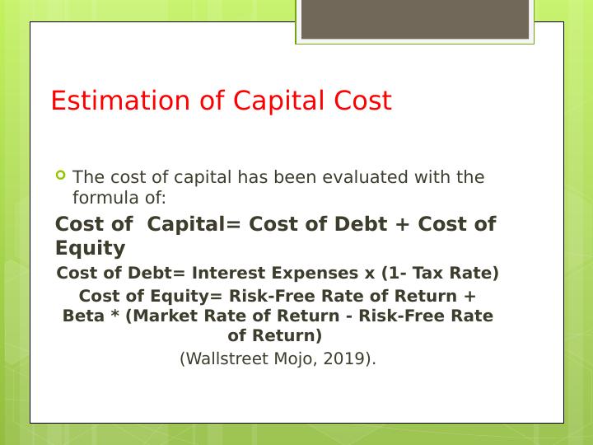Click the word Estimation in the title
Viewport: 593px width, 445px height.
click(120, 101)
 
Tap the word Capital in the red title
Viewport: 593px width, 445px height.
click(279, 101)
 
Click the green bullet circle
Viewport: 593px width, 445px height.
click(60, 175)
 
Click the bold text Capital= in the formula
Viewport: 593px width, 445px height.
click(194, 224)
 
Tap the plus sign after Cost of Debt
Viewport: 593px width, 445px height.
click(403, 224)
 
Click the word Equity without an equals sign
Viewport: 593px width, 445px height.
click(90, 249)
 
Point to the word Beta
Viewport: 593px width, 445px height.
click(83, 316)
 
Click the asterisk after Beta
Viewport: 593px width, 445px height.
click(115, 314)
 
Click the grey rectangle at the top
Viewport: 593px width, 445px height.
click(415, 19)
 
